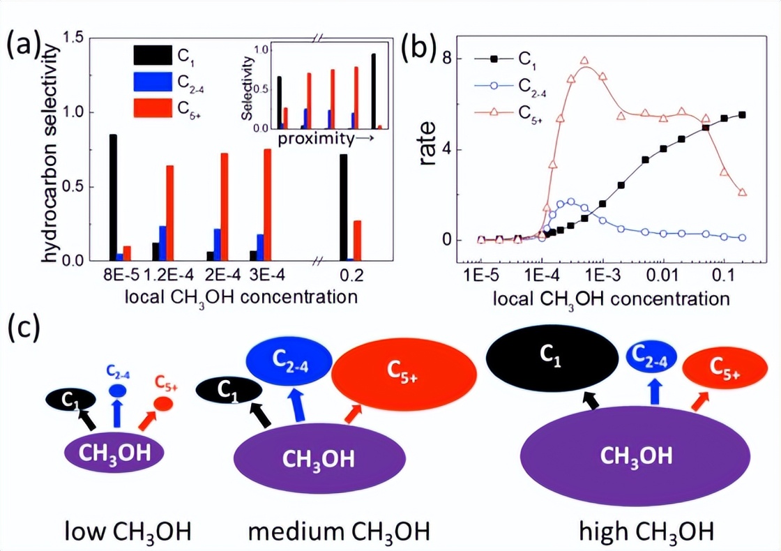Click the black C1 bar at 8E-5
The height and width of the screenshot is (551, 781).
pos(113,197)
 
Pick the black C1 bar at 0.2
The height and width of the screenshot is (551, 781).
pos(343,207)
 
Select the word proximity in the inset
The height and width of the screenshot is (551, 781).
pos(316,139)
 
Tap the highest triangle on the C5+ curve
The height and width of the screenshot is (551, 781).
pos(584,61)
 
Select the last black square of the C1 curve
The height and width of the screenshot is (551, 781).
pos(742,115)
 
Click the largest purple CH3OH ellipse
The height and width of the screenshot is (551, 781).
pos(636,456)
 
